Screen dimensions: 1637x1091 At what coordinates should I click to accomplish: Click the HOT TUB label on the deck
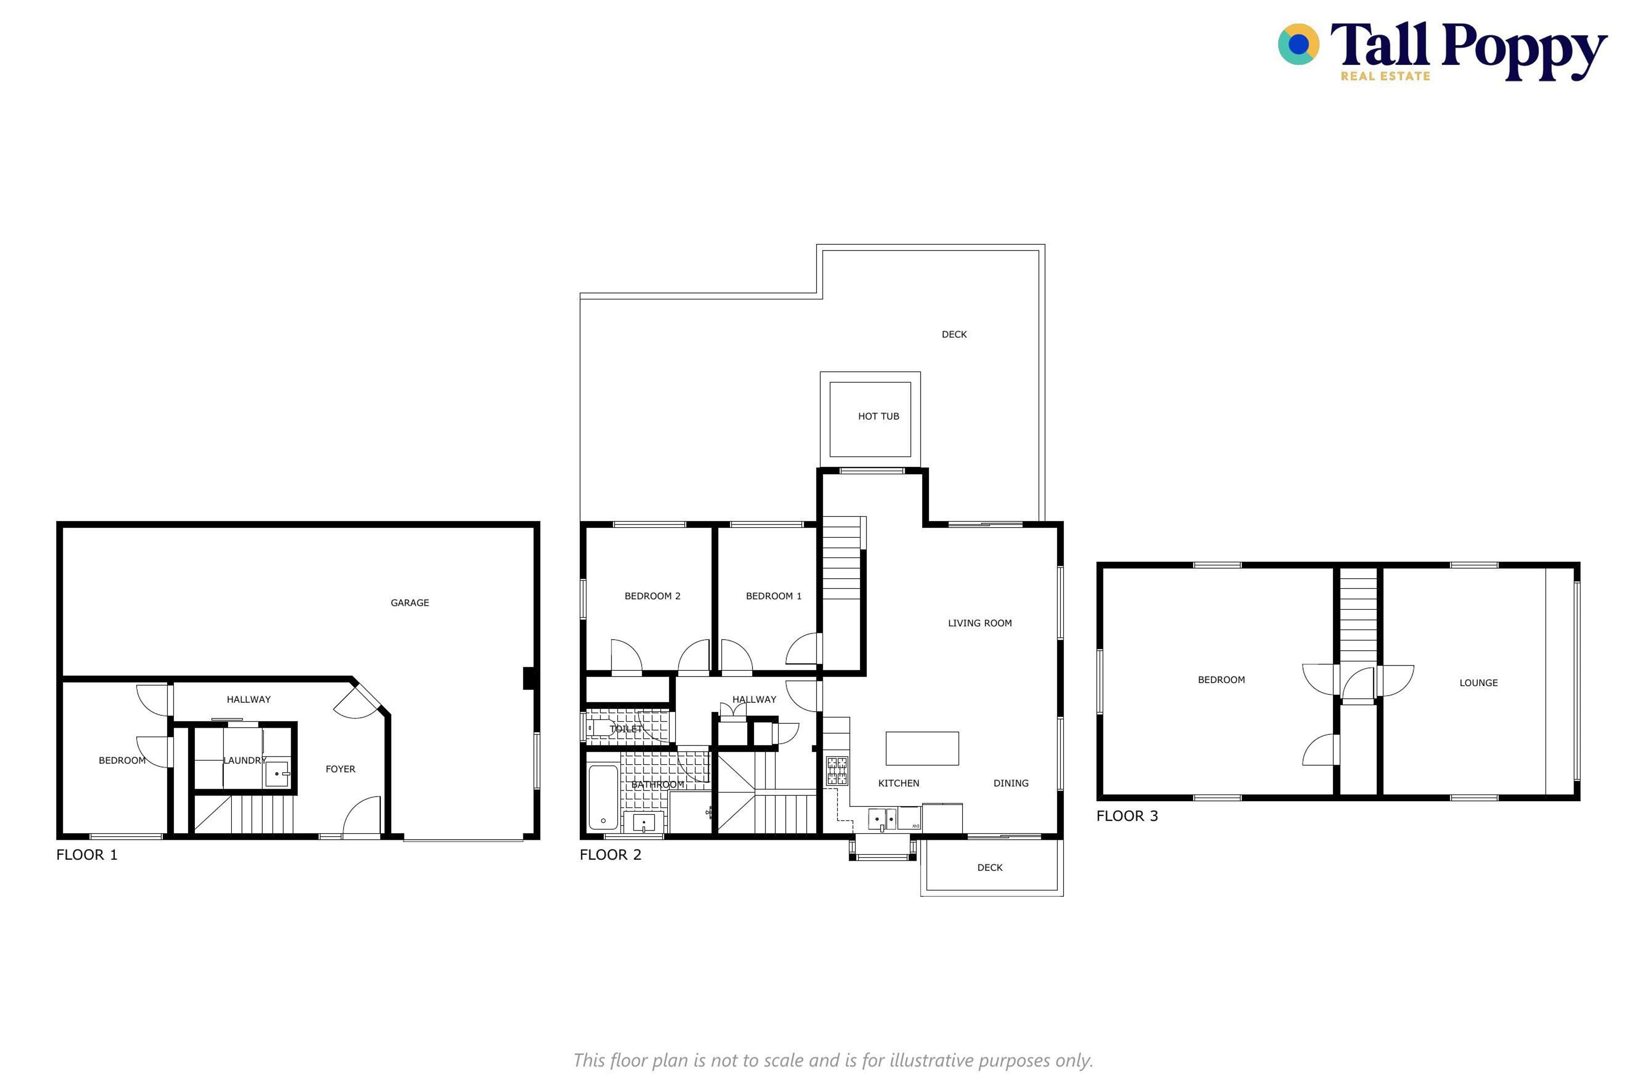(x=878, y=416)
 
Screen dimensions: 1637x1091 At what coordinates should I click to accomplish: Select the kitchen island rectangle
(x=922, y=748)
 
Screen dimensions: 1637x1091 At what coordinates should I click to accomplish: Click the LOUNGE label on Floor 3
(x=1478, y=683)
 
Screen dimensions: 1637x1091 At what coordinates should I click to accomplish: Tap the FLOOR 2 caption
(x=610, y=854)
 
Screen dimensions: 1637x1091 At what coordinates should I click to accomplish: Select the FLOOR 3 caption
(x=1127, y=815)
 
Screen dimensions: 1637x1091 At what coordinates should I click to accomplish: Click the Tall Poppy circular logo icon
(x=1298, y=44)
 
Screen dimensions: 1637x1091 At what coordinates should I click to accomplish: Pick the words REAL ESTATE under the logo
(x=1385, y=76)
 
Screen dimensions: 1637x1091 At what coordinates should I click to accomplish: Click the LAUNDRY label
(x=244, y=760)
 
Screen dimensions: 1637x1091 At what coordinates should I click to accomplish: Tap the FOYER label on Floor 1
(x=340, y=769)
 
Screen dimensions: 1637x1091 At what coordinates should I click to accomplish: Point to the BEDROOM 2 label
(x=652, y=596)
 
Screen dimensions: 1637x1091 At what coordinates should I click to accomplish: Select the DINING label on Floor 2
(x=1011, y=783)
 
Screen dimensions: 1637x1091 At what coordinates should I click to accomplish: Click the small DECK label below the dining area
(x=990, y=867)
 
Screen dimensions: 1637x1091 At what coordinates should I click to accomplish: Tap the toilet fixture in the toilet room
(x=600, y=728)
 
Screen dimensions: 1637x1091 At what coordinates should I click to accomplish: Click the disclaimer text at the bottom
(x=833, y=1060)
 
